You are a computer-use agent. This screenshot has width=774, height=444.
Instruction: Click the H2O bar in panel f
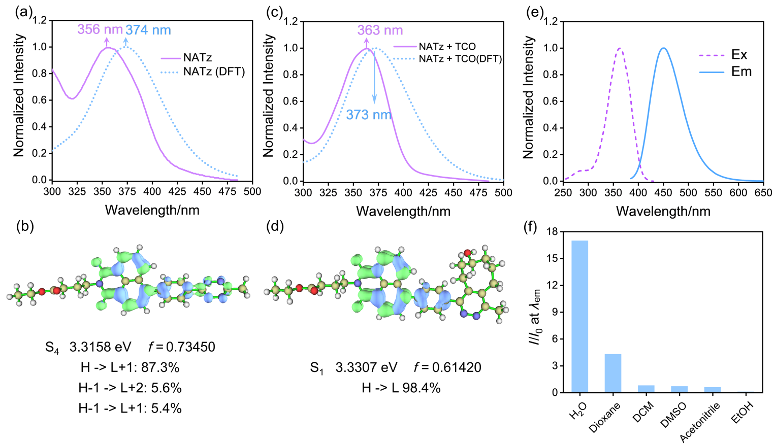pyautogui.click(x=579, y=316)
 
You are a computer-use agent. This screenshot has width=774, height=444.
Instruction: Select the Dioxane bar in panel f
pyautogui.click(x=612, y=373)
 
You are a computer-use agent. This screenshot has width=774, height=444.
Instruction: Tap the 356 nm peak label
pyautogui.click(x=100, y=29)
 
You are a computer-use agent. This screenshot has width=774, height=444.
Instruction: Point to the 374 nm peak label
pyautogui.click(x=148, y=30)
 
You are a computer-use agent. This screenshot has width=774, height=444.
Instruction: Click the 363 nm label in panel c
pyautogui.click(x=380, y=30)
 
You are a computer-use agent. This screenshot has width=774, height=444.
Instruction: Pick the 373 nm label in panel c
pyautogui.click(x=369, y=115)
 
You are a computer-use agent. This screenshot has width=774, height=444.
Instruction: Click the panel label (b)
pyautogui.click(x=25, y=226)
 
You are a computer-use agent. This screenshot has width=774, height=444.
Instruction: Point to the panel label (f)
pyautogui.click(x=530, y=227)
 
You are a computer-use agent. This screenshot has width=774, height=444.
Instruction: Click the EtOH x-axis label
pyautogui.click(x=742, y=412)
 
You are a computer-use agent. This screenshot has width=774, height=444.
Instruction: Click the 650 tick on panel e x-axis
pyautogui.click(x=763, y=193)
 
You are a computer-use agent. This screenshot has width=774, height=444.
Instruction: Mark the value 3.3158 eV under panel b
pyautogui.click(x=100, y=347)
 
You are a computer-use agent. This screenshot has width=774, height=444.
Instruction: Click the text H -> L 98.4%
pyautogui.click(x=401, y=388)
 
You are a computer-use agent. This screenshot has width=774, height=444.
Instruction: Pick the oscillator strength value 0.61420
pyautogui.click(x=456, y=367)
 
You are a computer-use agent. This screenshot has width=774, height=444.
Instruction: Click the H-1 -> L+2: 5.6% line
pyautogui.click(x=130, y=388)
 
